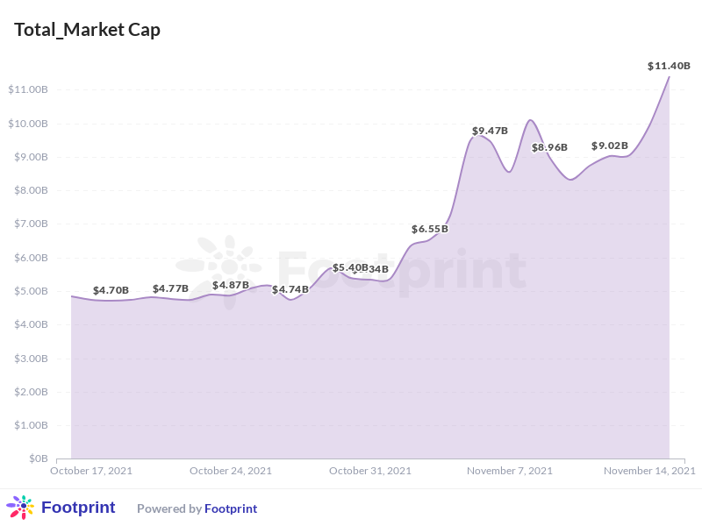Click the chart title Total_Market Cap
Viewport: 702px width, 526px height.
[87, 30]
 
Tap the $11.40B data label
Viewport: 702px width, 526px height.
[669, 66]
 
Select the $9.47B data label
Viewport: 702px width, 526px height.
[490, 131]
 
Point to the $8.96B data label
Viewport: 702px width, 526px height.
[549, 147]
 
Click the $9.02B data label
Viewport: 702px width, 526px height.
[609, 146]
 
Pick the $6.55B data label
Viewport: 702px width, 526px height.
[430, 229]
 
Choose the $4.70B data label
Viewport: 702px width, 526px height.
[111, 290]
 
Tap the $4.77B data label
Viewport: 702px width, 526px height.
[170, 288]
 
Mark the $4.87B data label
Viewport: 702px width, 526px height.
[230, 285]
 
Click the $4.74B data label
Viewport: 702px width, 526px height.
[290, 289]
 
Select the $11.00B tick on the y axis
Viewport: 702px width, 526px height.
[27, 89]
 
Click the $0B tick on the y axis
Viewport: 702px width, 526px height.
[38, 458]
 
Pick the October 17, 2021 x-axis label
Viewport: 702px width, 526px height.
[91, 471]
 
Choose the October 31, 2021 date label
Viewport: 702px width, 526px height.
[370, 471]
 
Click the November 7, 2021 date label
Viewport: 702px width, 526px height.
[510, 471]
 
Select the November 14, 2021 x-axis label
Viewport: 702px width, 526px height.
[649, 471]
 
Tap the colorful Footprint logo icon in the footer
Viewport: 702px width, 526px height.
[20, 508]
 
